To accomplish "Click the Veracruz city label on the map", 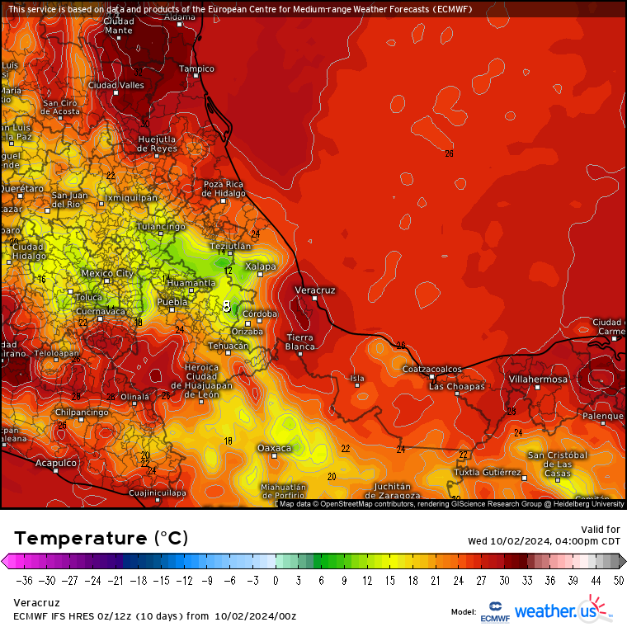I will tap(315, 290).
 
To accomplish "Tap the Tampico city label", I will tap(196, 68).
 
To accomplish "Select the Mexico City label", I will tap(107, 273).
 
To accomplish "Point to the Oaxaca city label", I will tap(274, 448).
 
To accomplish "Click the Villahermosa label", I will tap(537, 379).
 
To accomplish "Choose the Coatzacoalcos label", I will tap(431, 369).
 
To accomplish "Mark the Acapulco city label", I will tap(55, 464).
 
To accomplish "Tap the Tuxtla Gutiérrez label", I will tap(488, 473).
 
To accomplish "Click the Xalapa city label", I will tap(260, 266).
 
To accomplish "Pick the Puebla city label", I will tap(172, 303).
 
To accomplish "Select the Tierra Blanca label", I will tap(300, 342).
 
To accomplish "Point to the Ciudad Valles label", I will tap(116, 85).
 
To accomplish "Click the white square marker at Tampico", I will tap(196, 76).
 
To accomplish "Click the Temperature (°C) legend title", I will tap(101, 539).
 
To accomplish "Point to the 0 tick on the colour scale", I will tap(275, 580).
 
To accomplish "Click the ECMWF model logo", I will tap(494, 610).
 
